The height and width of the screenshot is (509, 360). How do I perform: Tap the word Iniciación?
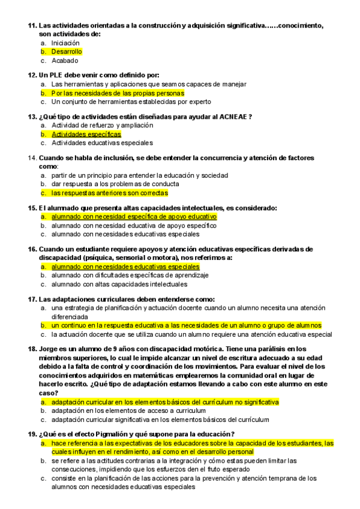point(65,43)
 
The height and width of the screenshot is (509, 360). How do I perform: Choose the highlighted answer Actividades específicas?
point(86,134)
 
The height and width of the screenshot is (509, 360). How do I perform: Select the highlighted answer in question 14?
point(109,193)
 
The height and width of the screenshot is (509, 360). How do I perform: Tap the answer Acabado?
point(64,61)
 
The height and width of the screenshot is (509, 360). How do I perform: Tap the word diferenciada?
point(70,316)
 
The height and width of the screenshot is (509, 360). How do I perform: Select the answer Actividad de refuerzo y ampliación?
point(102,125)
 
